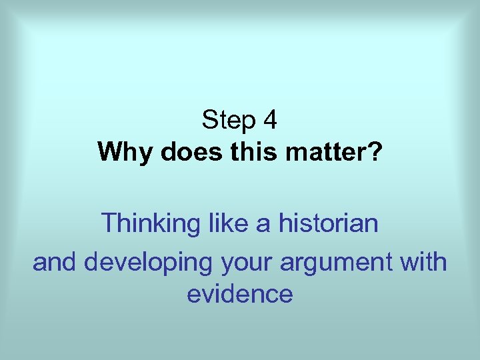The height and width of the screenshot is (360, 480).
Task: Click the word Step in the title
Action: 229,121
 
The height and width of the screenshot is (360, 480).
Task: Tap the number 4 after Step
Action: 270,121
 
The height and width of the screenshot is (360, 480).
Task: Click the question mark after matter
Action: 375,153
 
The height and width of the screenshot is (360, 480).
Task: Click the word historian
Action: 329,223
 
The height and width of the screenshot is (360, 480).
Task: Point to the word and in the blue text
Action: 55,262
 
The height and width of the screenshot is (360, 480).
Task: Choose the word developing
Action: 147,263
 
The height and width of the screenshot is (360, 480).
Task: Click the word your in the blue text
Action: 243,263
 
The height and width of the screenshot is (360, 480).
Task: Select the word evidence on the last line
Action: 239,293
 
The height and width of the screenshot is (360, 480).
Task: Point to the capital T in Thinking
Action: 108,223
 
